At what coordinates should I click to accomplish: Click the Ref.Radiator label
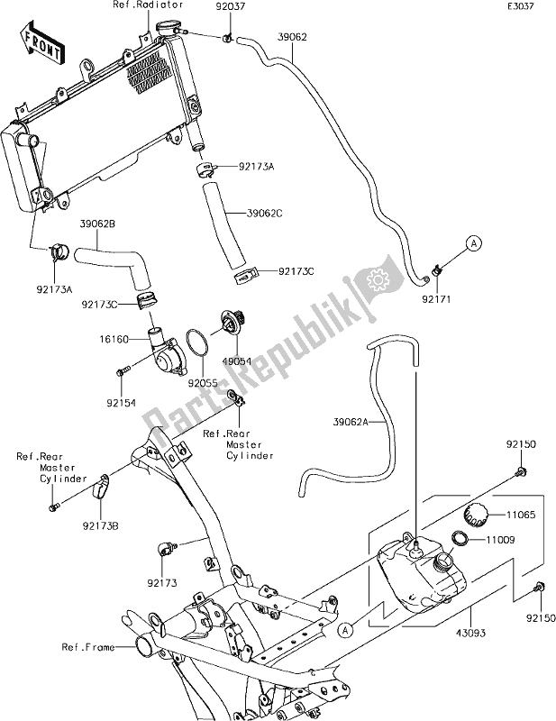click(x=143, y=6)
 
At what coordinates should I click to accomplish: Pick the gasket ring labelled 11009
click(x=458, y=539)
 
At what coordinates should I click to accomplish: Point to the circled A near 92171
click(x=475, y=242)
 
